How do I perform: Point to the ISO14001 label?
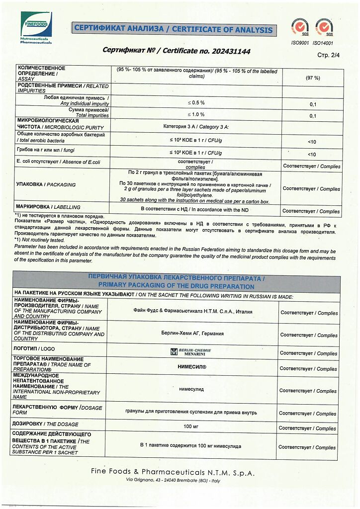(x=324, y=43)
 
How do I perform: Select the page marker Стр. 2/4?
(x=327, y=55)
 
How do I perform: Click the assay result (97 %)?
(x=312, y=78)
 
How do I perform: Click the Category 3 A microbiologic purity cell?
(x=195, y=126)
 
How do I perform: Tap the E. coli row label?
(x=59, y=162)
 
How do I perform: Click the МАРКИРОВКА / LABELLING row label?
(x=48, y=207)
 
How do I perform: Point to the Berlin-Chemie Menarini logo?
(x=191, y=351)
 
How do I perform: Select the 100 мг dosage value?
(x=191, y=426)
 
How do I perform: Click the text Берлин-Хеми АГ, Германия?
(x=192, y=334)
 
